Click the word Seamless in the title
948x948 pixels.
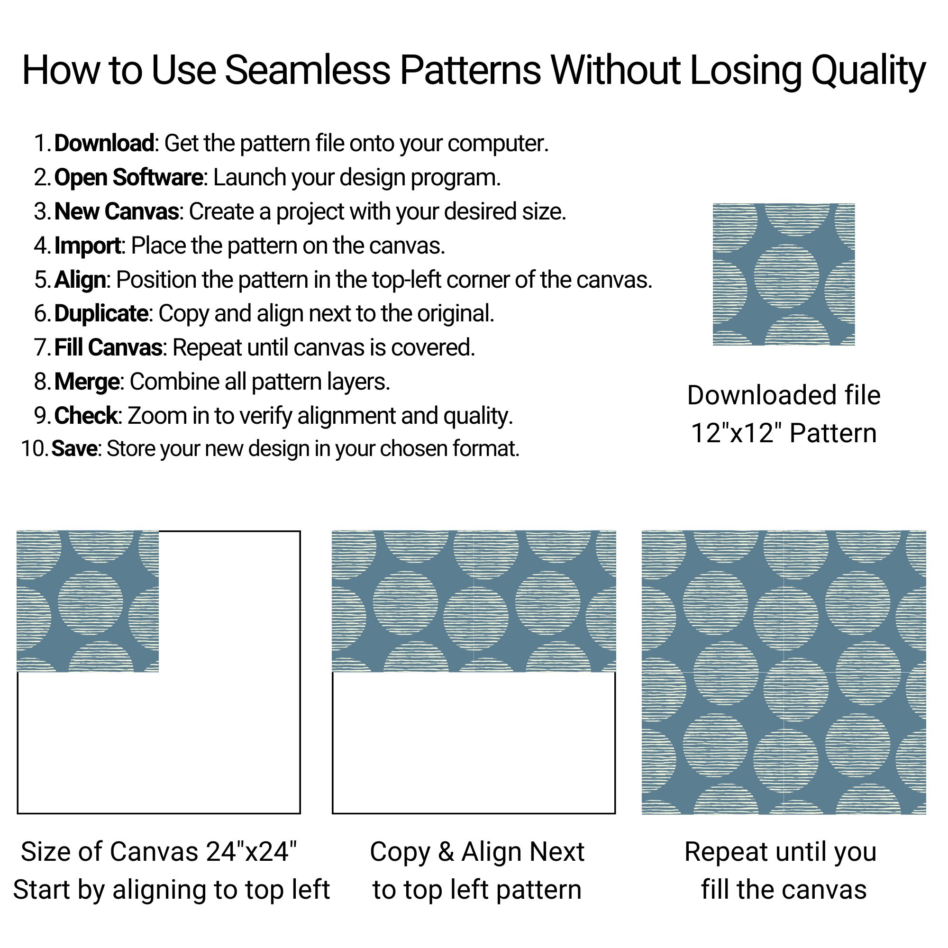[x=307, y=70]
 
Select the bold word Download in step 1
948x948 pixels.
[x=104, y=143]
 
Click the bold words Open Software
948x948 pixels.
[x=128, y=177]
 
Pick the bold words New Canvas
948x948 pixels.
[x=116, y=211]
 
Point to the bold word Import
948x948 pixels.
[x=87, y=246]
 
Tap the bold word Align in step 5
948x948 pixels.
[x=80, y=280]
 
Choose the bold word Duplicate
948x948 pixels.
[x=101, y=313]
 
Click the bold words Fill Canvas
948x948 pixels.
[x=108, y=347]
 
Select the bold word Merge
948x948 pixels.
[x=87, y=382]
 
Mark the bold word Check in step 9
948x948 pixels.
[x=85, y=416]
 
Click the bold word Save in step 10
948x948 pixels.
[x=74, y=448]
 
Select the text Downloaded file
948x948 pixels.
[x=784, y=395]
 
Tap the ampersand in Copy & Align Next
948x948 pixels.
[x=445, y=851]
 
